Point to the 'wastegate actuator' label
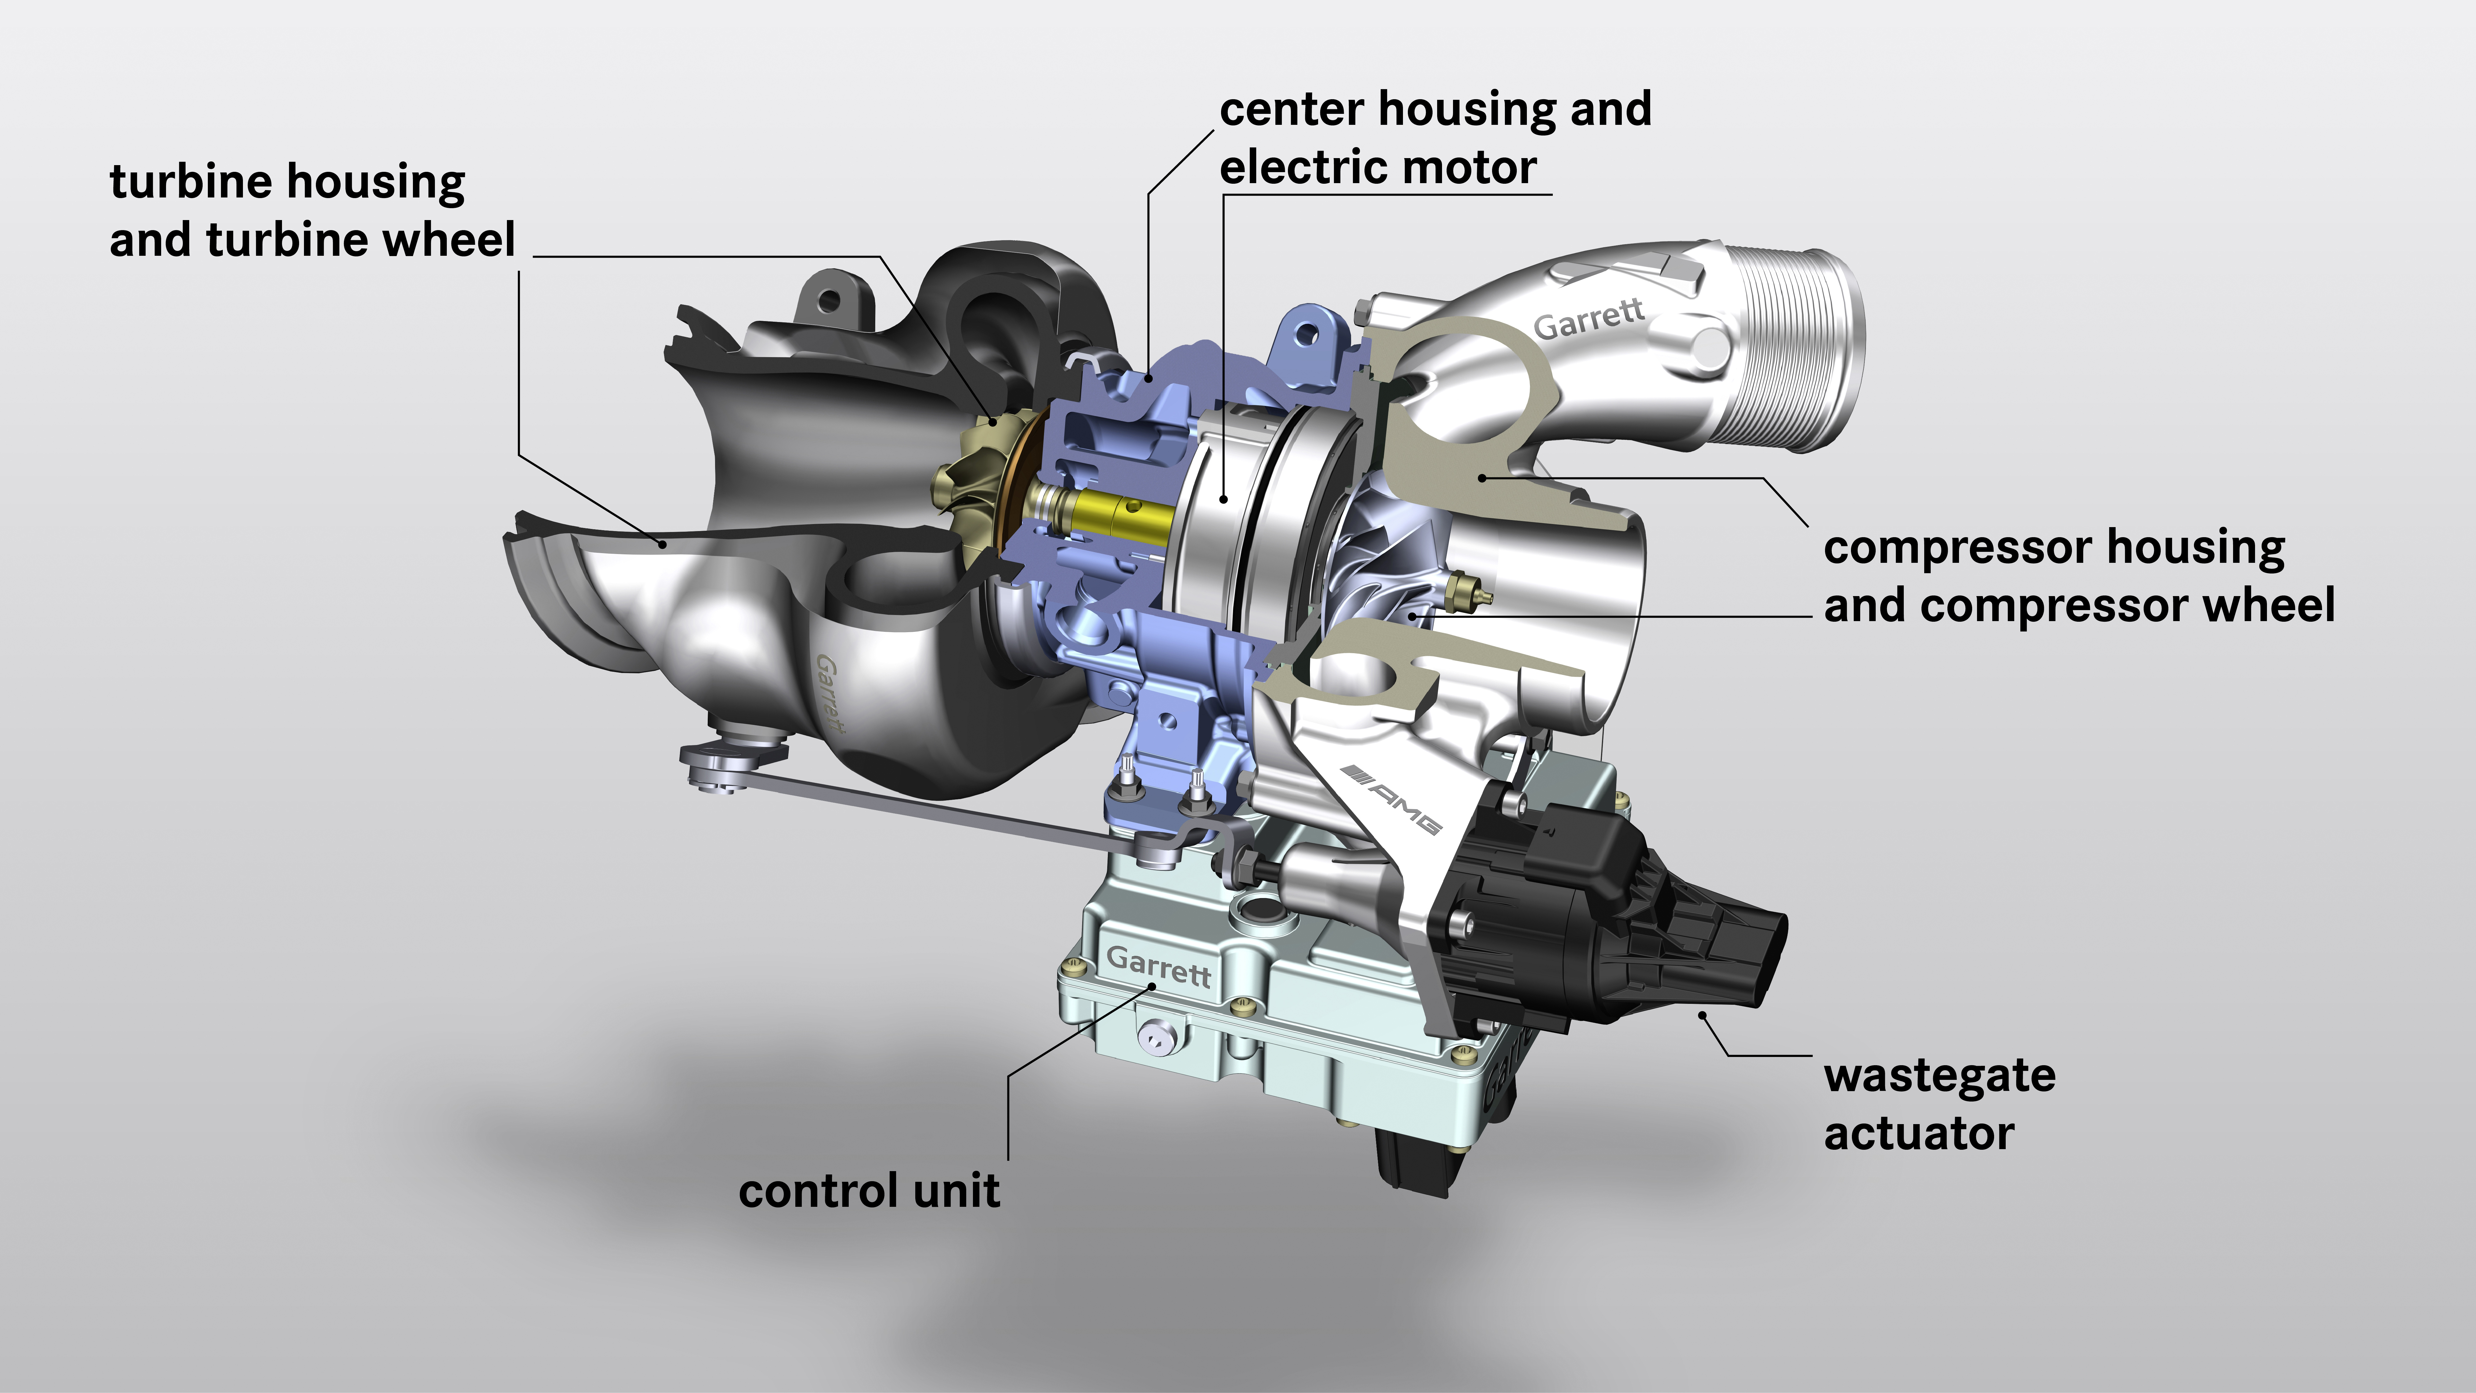tap(1939, 1104)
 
